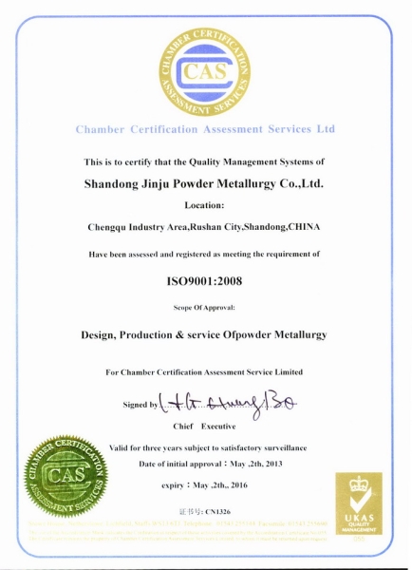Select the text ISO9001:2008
point(206,282)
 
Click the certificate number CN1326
point(216,511)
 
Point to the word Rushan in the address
point(206,228)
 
